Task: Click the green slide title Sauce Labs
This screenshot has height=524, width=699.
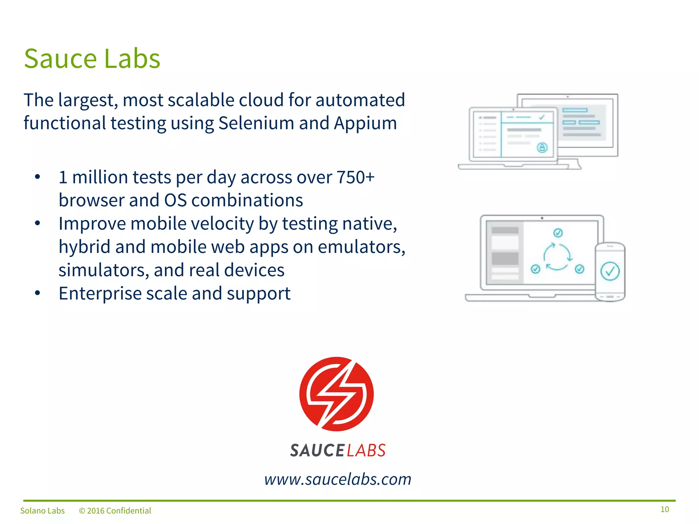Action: click(x=92, y=59)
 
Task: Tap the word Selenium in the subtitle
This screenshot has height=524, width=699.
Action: click(x=256, y=123)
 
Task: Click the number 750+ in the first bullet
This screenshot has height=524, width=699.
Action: click(x=355, y=177)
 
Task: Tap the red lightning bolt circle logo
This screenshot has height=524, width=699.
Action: click(x=337, y=394)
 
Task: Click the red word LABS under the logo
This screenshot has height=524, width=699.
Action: click(x=366, y=451)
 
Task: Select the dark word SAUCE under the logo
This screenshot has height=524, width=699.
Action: click(x=317, y=451)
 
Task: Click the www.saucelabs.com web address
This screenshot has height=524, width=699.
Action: click(x=338, y=479)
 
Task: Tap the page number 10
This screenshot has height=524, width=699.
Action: click(x=665, y=509)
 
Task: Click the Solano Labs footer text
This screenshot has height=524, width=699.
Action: click(x=42, y=511)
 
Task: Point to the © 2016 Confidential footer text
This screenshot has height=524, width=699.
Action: click(x=115, y=511)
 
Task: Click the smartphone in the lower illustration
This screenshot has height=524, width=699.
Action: click(x=610, y=272)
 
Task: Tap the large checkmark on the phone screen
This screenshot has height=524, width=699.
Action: click(x=610, y=271)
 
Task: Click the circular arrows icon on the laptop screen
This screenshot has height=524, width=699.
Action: click(x=557, y=257)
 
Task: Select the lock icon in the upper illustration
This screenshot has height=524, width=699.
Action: click(x=542, y=148)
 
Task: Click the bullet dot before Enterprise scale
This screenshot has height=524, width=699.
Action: click(x=38, y=293)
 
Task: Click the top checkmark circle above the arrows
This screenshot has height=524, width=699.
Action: click(x=558, y=233)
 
